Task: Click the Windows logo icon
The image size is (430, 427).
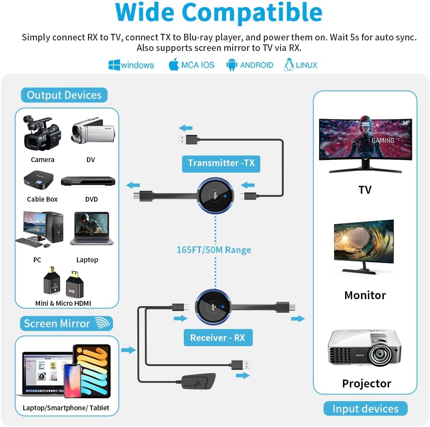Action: coord(114,65)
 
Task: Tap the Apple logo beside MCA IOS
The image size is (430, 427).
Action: coord(174,65)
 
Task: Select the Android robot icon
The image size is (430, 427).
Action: coord(232,65)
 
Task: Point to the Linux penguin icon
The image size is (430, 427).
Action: coord(288,65)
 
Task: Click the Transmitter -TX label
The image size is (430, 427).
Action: coord(221,163)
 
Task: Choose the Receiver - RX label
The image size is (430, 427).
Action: coord(218,337)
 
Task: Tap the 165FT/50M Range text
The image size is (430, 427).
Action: coord(214,250)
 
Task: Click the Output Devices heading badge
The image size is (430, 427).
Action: coord(64,95)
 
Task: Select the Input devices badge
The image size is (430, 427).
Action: coord(365,409)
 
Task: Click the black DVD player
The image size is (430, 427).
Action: coord(88,181)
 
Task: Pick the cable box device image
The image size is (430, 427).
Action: coord(38,180)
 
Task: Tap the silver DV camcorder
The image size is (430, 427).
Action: coord(93,130)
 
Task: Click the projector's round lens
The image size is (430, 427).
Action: coord(380,354)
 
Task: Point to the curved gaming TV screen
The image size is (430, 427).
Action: coord(365,140)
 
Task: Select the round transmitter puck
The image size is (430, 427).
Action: coord(215,195)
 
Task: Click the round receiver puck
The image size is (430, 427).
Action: coord(213,307)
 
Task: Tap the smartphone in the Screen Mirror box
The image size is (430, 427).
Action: coord(73,381)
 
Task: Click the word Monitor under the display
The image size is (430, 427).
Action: coord(365,295)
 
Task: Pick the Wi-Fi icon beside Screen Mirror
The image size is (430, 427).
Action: coord(102,323)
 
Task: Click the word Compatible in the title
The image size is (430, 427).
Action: coord(252,13)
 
